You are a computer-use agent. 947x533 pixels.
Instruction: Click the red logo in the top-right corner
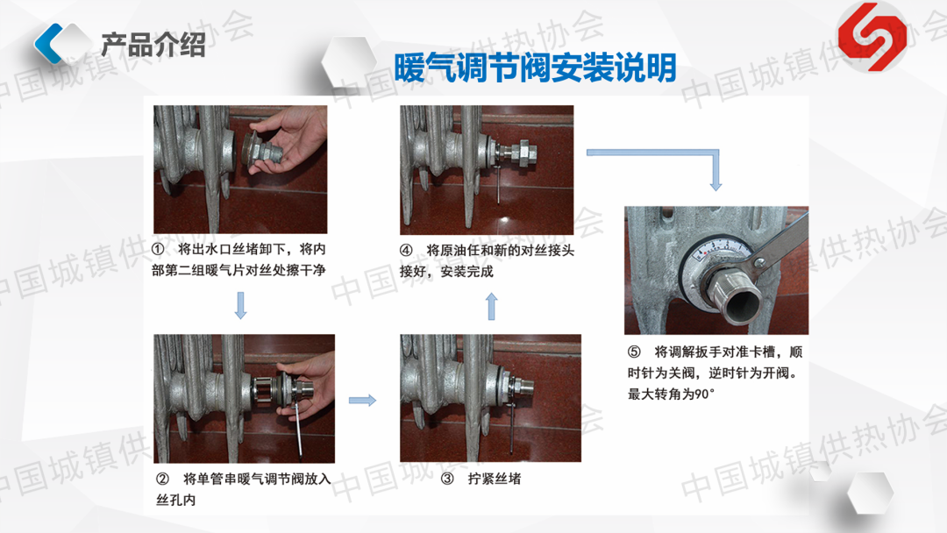[x=872, y=37]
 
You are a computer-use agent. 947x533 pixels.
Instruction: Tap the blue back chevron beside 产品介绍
[x=48, y=44]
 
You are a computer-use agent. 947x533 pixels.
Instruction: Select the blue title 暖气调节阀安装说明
[x=535, y=68]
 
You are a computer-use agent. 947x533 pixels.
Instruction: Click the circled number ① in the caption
[x=158, y=249]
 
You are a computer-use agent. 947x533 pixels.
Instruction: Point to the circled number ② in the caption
[x=162, y=480]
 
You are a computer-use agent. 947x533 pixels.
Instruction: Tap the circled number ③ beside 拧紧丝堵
[x=447, y=480]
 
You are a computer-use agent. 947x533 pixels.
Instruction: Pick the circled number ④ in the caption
[x=407, y=251]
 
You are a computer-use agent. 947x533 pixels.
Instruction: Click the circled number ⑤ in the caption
[x=634, y=352]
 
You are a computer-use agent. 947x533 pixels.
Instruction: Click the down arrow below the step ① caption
[x=240, y=305]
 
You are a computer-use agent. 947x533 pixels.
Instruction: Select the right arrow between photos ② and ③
[x=362, y=401]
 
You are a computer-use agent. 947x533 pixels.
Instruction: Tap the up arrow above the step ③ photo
[x=492, y=306]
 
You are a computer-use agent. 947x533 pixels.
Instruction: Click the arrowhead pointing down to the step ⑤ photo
[x=716, y=185]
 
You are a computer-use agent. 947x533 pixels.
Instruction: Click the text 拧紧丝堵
[x=495, y=480]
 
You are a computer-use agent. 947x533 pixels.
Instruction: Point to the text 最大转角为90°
[x=671, y=394]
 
